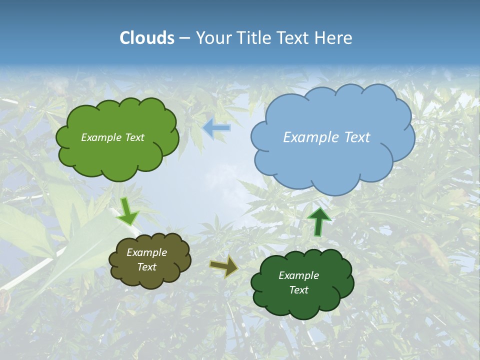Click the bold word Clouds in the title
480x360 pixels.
point(146,38)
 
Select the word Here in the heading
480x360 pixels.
point(333,38)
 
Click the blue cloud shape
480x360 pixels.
point(332,160)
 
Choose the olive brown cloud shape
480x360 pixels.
point(149,277)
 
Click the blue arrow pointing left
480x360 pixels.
point(216,128)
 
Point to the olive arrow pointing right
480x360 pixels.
point(223,267)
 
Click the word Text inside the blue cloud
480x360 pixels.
point(356,137)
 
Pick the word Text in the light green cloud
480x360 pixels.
point(134,137)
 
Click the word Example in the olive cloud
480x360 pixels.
point(146,252)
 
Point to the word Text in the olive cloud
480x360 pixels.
point(147,267)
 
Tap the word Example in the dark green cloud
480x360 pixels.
point(298,275)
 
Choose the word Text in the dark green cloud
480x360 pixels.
point(298,290)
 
